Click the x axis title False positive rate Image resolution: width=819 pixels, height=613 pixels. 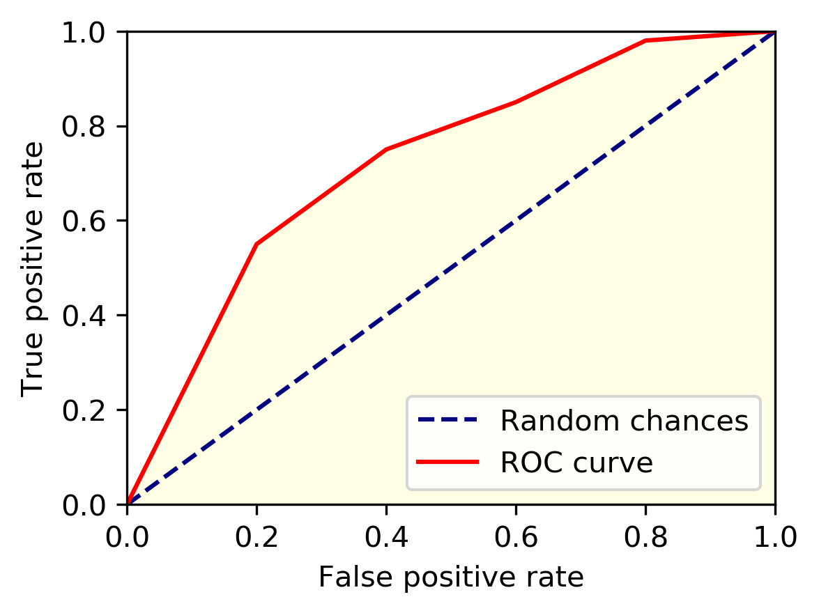click(x=451, y=577)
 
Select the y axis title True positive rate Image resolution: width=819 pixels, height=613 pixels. click(x=33, y=268)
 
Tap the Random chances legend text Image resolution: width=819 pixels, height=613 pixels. click(x=624, y=421)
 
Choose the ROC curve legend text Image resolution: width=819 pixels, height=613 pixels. click(x=576, y=463)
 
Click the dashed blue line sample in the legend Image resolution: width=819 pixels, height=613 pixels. click(x=447, y=420)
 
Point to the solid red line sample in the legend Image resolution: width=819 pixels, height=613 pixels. click(x=447, y=462)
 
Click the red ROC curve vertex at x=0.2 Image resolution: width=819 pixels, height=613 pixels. click(x=257, y=244)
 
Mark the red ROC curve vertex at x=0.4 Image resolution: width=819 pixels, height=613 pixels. click(x=386, y=150)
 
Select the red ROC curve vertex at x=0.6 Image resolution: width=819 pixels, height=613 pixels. click(x=516, y=102)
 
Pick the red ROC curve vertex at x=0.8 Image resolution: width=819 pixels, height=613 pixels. click(x=645, y=41)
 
